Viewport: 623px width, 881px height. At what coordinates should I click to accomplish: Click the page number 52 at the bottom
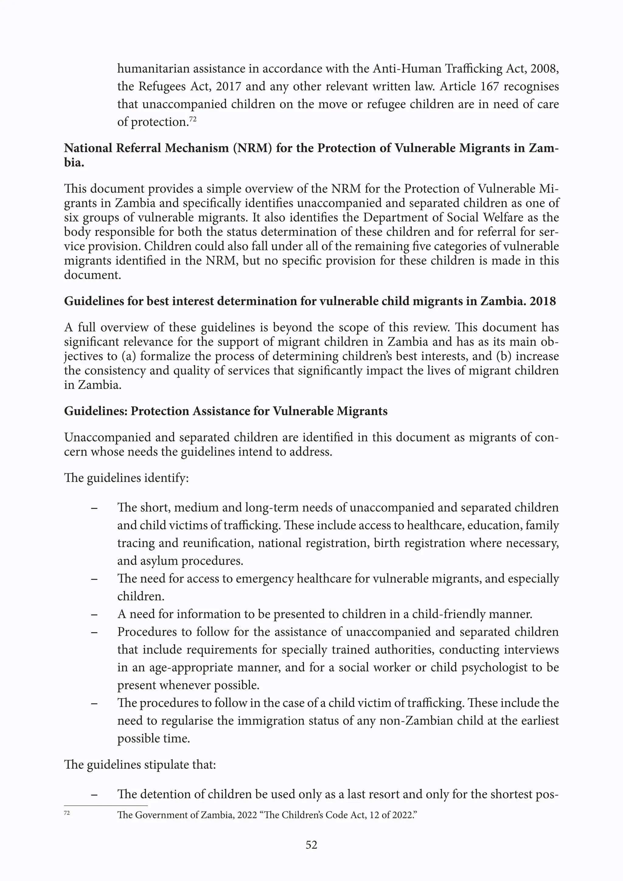[x=311, y=844]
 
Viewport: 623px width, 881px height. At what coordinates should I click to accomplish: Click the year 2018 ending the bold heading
[x=542, y=301]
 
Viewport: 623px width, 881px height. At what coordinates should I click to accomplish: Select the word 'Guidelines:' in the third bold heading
[x=95, y=411]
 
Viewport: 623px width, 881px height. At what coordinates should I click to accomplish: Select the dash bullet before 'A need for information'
[x=94, y=614]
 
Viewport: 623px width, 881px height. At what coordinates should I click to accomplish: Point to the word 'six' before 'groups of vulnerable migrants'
[x=72, y=218]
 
